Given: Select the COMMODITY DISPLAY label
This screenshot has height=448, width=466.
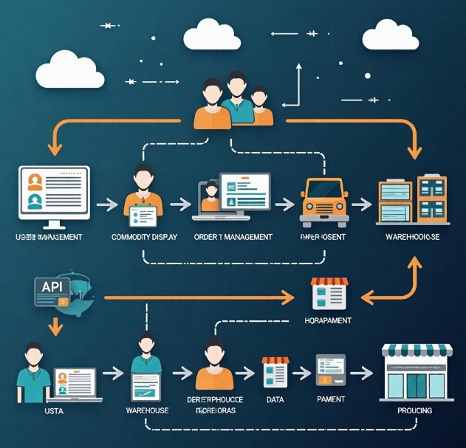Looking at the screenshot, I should click(x=144, y=238).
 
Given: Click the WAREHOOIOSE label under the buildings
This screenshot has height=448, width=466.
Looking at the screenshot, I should click(x=412, y=238).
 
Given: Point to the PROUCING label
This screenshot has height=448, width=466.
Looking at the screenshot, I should click(x=414, y=410).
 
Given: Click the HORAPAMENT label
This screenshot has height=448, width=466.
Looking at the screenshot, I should click(x=327, y=321).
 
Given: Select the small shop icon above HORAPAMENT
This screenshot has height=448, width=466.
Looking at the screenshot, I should click(x=329, y=294).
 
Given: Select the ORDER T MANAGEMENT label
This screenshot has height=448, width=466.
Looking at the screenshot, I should click(x=233, y=238).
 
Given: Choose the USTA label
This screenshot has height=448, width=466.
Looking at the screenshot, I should click(x=34, y=410).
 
